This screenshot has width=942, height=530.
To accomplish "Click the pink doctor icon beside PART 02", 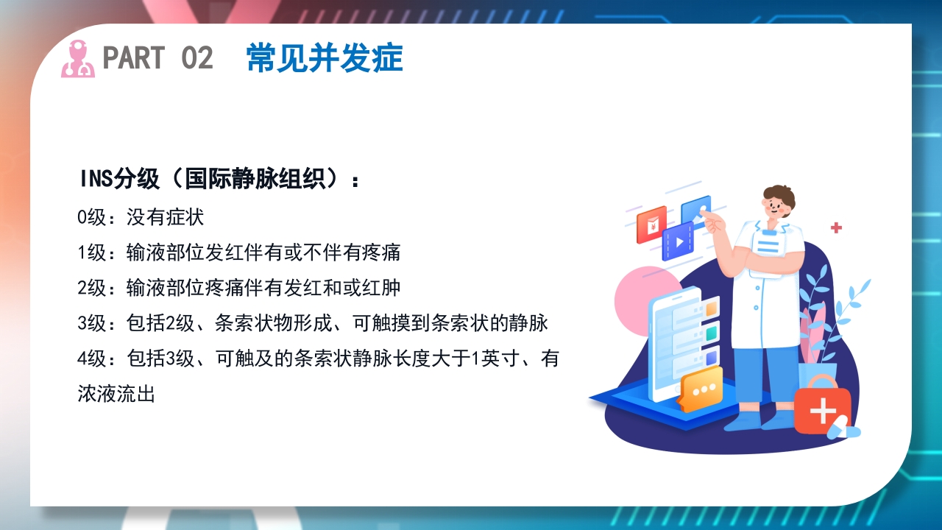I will point(77,59).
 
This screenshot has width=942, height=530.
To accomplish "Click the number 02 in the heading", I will point(196,58).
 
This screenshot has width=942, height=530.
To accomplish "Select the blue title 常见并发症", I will point(325,58).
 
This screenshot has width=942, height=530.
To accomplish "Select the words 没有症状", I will point(165,217).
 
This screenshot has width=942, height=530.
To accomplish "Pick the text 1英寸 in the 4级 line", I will point(492,358).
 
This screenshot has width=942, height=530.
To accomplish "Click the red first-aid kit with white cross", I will point(822,409).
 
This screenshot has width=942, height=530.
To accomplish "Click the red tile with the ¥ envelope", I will point(651,225).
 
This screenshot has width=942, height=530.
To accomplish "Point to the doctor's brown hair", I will point(779,194).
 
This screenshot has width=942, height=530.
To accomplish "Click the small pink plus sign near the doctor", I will point(836,228).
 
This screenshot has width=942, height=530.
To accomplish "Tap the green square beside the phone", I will point(711,334).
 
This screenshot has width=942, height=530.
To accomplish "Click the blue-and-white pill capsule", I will point(843,427).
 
